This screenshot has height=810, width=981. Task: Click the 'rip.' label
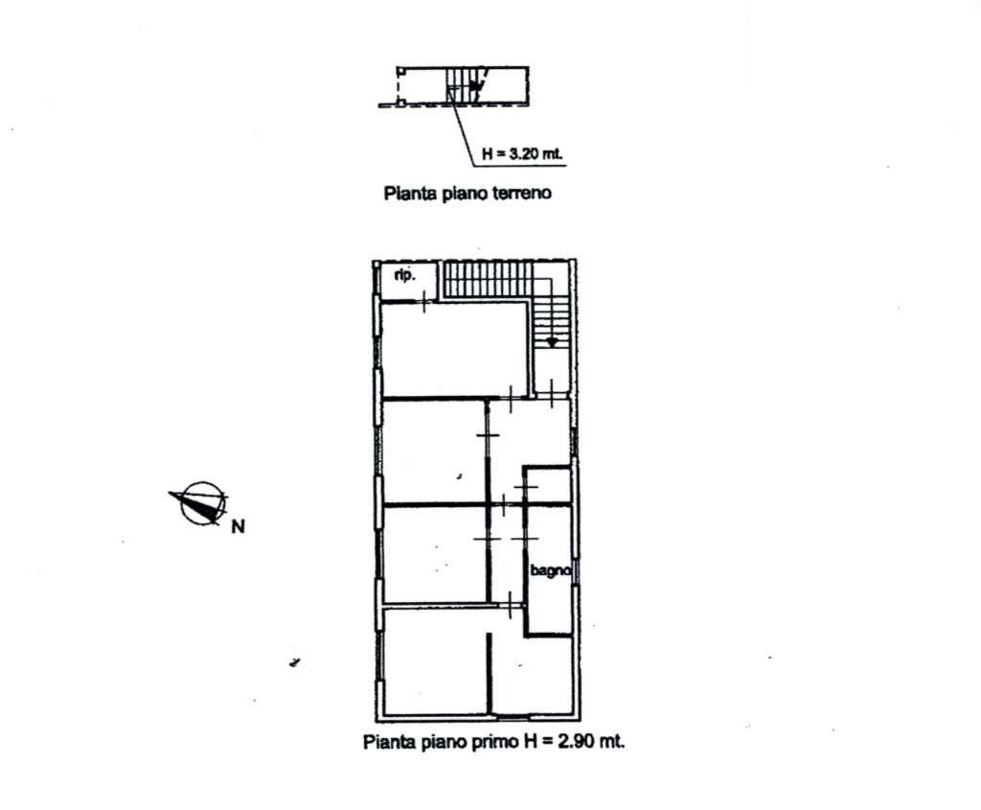tap(405, 275)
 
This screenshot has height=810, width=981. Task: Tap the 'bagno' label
tap(550, 571)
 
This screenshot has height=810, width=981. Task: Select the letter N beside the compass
tap(238, 527)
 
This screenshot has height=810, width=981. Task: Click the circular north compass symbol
tap(202, 502)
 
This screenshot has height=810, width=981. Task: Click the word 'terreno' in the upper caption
tap(522, 193)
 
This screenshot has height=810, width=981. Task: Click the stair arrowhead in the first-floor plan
tap(552, 342)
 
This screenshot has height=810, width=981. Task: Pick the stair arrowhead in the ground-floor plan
tap(477, 88)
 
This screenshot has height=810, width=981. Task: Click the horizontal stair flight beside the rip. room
tap(488, 279)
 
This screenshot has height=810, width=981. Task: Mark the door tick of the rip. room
tap(424, 302)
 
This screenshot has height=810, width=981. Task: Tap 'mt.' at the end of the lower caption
tap(612, 742)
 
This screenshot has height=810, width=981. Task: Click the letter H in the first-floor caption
tap(531, 742)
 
